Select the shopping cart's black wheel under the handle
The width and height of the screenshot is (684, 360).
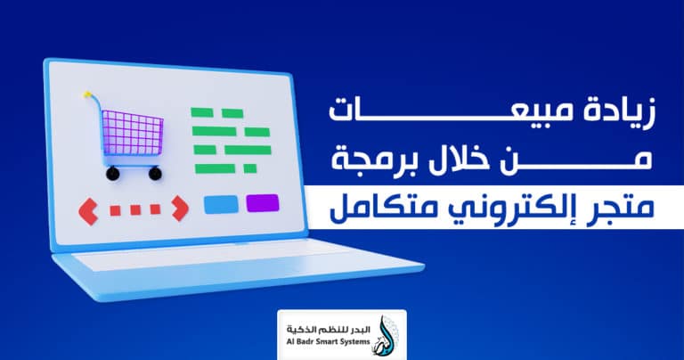click(112, 174)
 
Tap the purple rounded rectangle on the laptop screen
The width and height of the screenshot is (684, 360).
click(262, 203)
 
